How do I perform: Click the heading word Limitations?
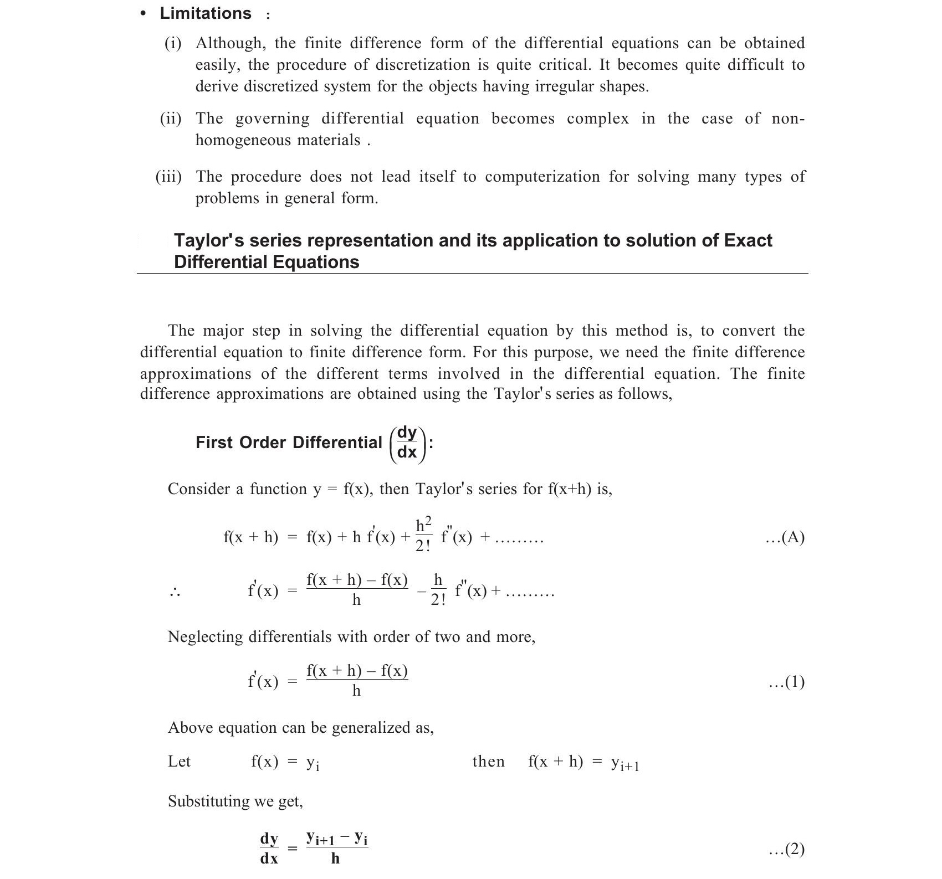click(x=205, y=13)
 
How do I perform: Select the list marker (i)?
click(x=173, y=43)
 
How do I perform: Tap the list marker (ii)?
click(x=171, y=119)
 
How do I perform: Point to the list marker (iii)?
click(x=168, y=177)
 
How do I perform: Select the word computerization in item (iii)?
click(x=542, y=177)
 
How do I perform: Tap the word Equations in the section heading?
click(x=314, y=262)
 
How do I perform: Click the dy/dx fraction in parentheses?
click(x=407, y=443)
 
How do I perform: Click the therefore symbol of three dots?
click(x=175, y=593)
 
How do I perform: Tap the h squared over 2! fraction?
click(x=423, y=535)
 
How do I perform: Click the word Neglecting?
click(x=205, y=637)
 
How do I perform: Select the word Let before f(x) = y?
click(x=179, y=762)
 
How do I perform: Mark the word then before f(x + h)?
click(x=488, y=762)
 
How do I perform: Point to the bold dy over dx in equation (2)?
click(x=269, y=848)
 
